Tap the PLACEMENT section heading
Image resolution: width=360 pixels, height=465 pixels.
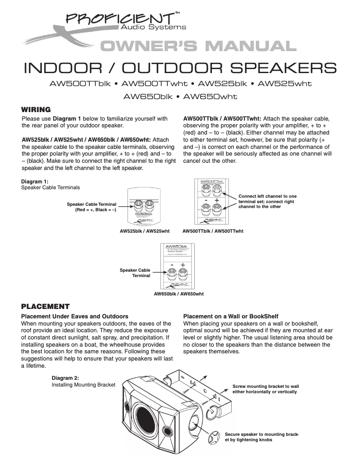point(46,307)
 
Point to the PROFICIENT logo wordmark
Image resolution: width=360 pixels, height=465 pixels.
point(120,18)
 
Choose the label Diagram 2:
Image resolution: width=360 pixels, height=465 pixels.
point(66,378)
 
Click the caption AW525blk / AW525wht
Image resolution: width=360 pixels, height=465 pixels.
point(145,231)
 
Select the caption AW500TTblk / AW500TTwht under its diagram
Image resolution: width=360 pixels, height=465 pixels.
point(213,231)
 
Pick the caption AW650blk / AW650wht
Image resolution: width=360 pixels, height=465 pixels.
point(179,294)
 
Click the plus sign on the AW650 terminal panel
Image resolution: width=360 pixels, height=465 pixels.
point(183,265)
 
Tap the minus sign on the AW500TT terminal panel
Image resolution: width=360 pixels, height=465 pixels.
point(206,200)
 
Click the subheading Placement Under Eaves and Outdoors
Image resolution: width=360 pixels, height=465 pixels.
point(75,316)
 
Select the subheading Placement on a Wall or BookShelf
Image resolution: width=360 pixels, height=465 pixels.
point(235,316)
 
